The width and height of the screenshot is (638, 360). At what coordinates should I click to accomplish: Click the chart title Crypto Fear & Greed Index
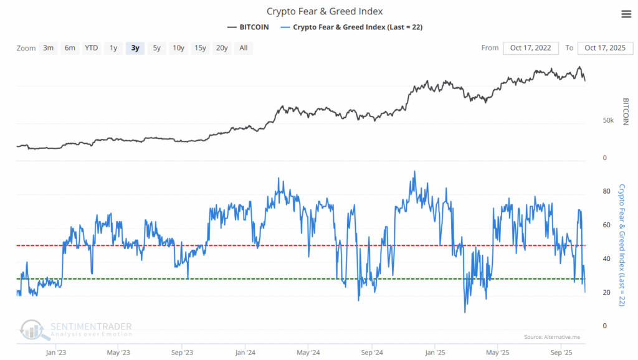325,11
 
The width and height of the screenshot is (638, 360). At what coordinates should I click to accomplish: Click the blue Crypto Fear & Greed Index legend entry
358,27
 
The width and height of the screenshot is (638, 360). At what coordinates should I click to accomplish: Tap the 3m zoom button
48,48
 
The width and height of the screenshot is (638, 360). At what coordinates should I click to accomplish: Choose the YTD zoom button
91,48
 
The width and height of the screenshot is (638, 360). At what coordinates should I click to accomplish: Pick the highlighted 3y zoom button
135,48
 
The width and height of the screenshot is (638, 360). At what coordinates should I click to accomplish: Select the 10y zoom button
178,48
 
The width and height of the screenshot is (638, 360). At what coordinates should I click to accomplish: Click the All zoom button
243,48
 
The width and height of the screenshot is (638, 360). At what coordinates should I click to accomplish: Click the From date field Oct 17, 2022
531,48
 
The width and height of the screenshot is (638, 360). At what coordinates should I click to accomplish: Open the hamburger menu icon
626,14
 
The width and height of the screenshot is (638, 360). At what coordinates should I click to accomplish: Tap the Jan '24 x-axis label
245,353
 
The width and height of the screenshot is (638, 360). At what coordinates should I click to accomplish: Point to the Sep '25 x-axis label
562,353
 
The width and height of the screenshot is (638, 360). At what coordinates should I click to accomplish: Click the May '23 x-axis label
118,353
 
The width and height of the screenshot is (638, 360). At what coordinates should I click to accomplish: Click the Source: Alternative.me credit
552,337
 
